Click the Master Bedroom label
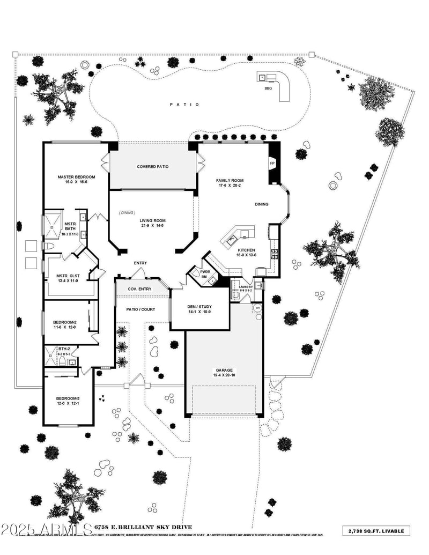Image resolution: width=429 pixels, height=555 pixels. (x=76, y=177)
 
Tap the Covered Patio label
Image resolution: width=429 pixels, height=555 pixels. (x=152, y=167)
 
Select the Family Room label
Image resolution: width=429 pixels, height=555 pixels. (x=230, y=181)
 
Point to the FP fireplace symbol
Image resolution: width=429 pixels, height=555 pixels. (x=272, y=163)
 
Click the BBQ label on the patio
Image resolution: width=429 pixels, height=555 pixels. (x=268, y=88)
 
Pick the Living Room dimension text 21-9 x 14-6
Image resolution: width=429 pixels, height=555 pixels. (x=152, y=225)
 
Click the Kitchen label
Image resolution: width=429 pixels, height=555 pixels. (x=247, y=250)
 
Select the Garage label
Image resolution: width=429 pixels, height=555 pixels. (x=224, y=370)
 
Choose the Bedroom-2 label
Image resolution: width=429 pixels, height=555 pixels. (x=65, y=322)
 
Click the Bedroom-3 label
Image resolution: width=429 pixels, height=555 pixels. (x=68, y=398)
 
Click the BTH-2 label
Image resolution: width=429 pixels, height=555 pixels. (x=64, y=349)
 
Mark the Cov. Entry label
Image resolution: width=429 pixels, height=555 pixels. (x=139, y=289)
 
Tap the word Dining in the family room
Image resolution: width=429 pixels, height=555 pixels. (x=262, y=204)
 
